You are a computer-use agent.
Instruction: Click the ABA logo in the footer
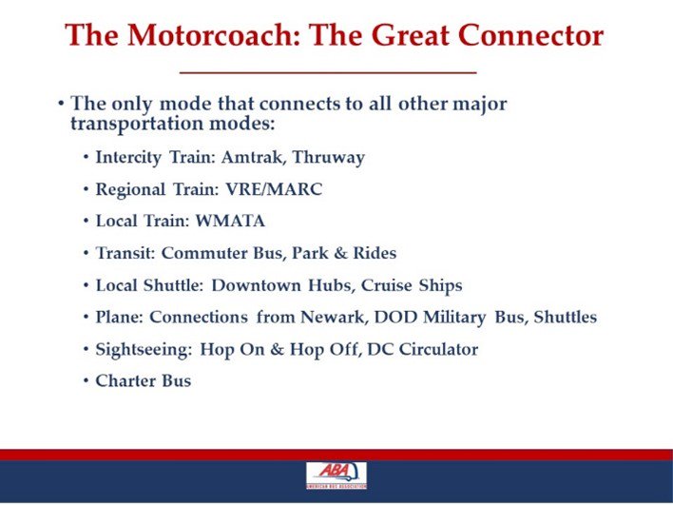(336, 476)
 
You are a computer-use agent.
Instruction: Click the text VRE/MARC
(282, 190)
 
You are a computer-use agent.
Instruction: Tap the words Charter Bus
(144, 380)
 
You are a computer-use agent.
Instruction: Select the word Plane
(118, 317)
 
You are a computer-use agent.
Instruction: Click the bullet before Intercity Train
(87, 158)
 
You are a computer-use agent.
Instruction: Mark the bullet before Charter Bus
(87, 381)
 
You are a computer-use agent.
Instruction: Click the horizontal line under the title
(328, 72)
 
